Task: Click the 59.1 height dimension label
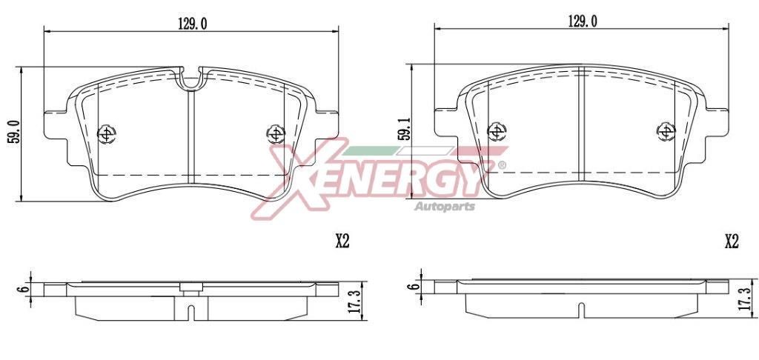402,130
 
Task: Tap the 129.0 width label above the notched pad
191,24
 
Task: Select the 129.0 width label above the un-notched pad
583,21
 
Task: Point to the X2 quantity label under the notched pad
342,241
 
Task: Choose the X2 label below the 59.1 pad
732,241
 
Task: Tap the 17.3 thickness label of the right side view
744,299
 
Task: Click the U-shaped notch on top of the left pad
192,80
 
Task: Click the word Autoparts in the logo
444,205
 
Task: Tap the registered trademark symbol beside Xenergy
502,164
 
